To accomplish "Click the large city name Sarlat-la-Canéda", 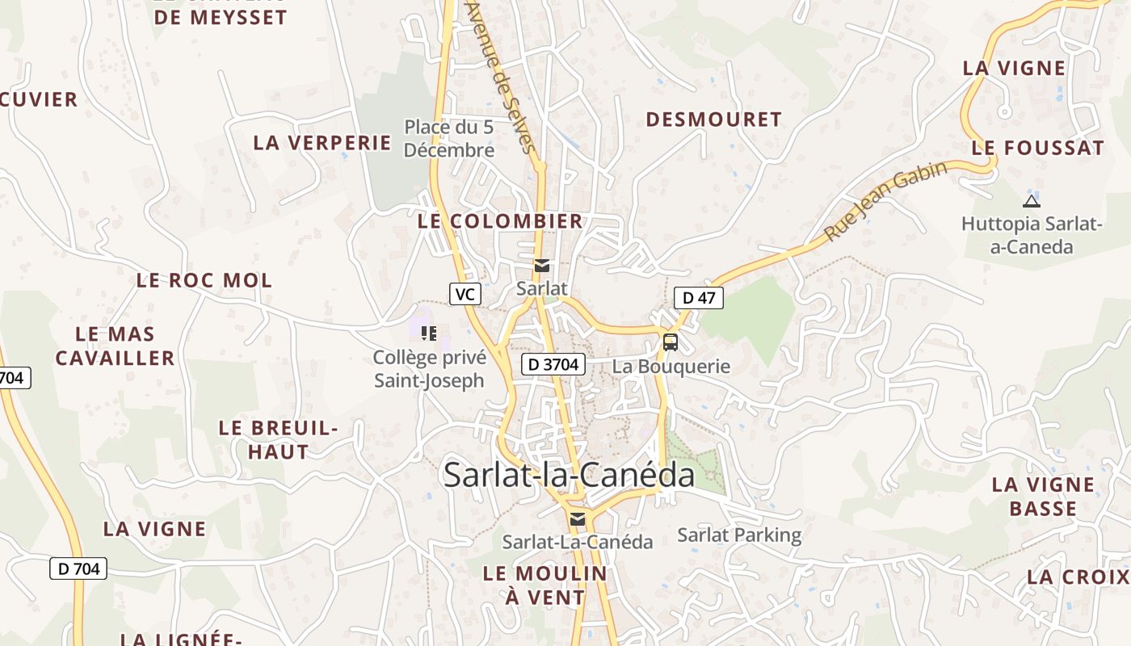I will [570, 475].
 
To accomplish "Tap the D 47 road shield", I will [699, 298].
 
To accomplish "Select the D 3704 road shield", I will [553, 364].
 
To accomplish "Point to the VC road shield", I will [465, 294].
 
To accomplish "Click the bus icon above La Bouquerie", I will [671, 342].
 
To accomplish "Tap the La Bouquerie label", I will [671, 367].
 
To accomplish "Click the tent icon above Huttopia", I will [1031, 201].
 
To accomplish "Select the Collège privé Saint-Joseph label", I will [429, 369].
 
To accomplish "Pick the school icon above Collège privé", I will [429, 333].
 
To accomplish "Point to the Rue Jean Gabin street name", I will [885, 202].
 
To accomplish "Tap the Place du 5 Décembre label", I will [449, 139].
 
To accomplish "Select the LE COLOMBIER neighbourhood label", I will [500, 221].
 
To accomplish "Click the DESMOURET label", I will [714, 120].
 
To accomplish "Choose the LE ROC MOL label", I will [204, 281].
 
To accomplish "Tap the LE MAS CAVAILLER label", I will [115, 346].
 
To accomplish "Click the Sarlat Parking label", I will [739, 535].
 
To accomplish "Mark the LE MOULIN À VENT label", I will [544, 585].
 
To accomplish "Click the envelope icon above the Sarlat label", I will [541, 266].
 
